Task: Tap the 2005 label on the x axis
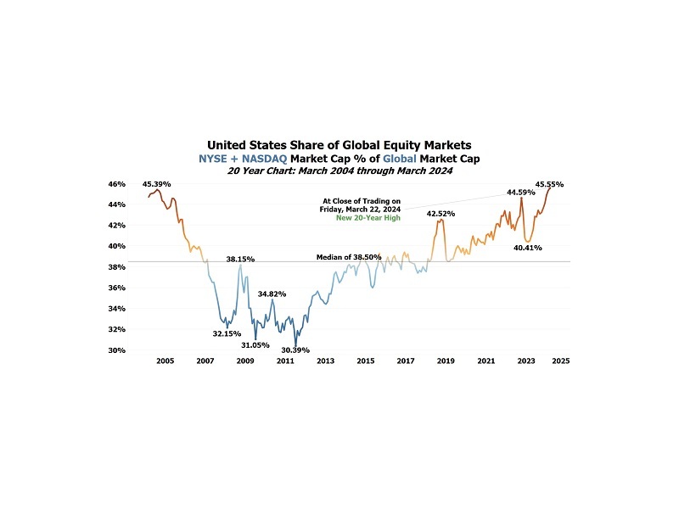165,361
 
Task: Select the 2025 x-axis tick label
560,361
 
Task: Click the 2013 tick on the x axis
325,361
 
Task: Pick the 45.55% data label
549,183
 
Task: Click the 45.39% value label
157,183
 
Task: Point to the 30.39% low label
295,350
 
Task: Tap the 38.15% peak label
240,259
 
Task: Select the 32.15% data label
227,333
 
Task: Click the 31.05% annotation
255,345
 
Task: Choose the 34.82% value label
272,293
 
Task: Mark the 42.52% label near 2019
440,213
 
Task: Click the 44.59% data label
520,193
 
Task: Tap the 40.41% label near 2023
528,248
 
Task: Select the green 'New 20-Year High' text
368,218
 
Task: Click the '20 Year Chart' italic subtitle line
339,170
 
